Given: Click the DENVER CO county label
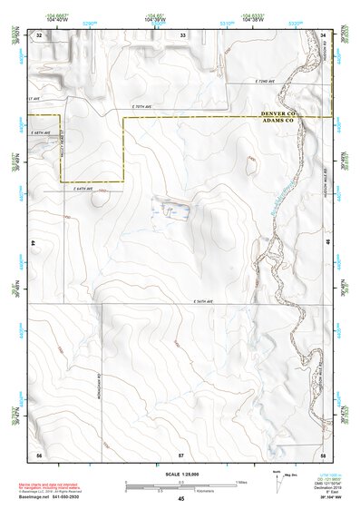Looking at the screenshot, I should (x=278, y=113).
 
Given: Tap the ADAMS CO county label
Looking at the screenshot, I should (x=278, y=120).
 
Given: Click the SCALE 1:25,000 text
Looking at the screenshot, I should (x=181, y=474).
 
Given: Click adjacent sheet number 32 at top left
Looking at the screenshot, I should (x=39, y=34).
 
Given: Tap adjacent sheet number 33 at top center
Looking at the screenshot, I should (x=182, y=34).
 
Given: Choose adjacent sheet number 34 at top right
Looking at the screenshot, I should (x=323, y=34).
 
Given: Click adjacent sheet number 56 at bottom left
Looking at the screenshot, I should (x=39, y=453).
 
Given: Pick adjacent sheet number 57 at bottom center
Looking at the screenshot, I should (x=181, y=453).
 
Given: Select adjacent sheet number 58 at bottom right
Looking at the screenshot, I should (x=322, y=453).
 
